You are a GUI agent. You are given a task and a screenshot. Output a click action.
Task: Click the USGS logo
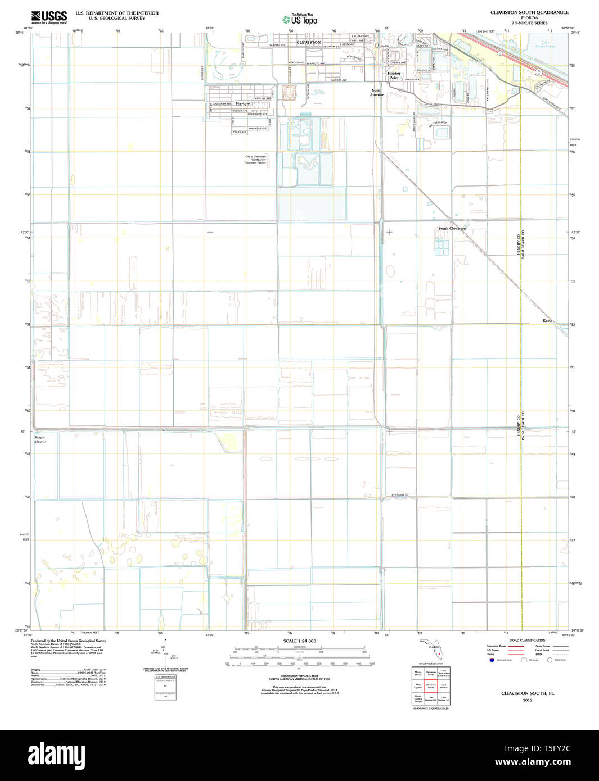[49, 16]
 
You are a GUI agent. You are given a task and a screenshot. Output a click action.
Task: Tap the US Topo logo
[300, 20]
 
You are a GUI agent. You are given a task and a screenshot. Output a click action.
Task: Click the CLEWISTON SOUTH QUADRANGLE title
[529, 12]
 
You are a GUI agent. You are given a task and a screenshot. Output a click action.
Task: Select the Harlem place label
[243, 104]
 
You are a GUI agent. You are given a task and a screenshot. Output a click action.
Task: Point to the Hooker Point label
[394, 75]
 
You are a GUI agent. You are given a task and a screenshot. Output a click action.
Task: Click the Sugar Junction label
[377, 92]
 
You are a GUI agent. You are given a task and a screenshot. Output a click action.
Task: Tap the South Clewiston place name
[452, 229]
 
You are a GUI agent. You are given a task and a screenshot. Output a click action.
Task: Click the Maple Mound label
[39, 439]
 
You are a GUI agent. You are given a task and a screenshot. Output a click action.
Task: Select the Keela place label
[547, 321]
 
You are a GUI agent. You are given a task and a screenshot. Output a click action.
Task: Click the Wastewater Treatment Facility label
[255, 160]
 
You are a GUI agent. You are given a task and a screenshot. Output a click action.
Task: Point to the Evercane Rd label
[400, 494]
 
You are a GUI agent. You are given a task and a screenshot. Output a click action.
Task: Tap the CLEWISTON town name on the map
[308, 42]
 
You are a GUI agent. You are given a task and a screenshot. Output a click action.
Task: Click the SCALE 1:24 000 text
[299, 641]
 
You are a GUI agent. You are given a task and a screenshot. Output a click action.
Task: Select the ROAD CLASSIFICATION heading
[527, 641]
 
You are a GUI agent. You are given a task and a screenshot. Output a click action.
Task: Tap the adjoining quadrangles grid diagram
[431, 685]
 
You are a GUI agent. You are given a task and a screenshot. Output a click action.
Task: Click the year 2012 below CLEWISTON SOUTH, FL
[527, 700]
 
